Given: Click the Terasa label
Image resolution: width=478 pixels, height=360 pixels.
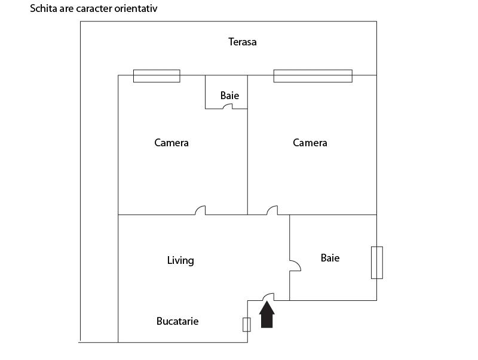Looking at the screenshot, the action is (x=243, y=42).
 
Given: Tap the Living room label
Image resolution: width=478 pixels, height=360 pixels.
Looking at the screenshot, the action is (x=180, y=260).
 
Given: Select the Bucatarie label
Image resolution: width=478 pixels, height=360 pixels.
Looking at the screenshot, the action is (x=177, y=321).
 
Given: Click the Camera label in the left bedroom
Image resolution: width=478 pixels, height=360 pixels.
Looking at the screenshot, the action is (x=171, y=143).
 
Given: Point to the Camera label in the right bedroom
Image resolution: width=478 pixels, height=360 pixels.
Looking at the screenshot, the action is (x=310, y=143).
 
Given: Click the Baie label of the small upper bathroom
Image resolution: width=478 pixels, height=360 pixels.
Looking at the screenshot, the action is (x=229, y=96).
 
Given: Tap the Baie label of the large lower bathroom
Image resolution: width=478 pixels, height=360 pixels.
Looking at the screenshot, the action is (x=330, y=258).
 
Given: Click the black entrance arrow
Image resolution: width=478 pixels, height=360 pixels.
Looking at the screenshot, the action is (x=266, y=315).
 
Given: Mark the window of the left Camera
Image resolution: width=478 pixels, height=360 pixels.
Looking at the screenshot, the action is (x=157, y=76).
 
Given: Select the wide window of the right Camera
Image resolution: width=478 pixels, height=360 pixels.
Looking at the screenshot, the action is (x=312, y=76).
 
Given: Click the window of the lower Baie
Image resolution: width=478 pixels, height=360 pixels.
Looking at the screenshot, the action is (x=377, y=263).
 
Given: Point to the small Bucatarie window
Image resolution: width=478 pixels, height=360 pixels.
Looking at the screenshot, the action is (x=247, y=325).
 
